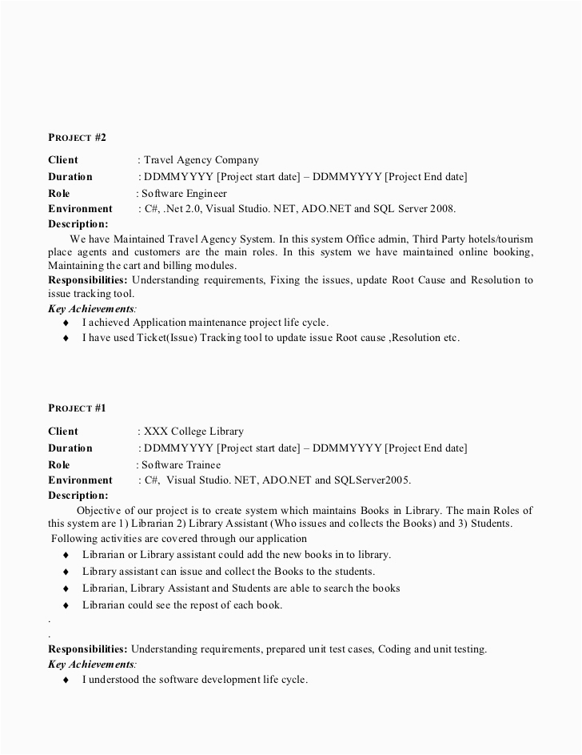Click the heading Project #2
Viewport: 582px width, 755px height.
pos(77,138)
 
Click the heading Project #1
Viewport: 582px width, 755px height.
pos(77,408)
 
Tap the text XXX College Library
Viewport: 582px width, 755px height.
pos(193,432)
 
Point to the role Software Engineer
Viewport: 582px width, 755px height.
pos(184,193)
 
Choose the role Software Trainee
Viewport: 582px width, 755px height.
pos(181,464)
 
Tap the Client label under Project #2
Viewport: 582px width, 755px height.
pos(63,160)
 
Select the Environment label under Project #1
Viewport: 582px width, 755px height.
pos(80,480)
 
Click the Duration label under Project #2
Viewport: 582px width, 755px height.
pos(70,177)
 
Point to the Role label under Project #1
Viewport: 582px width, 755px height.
pos(59,464)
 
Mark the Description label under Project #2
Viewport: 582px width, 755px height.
pos(78,224)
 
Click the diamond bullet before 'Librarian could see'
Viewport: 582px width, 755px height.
pos(66,605)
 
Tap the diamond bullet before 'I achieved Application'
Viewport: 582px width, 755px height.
pos(66,323)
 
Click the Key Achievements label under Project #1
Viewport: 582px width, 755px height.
pos(91,665)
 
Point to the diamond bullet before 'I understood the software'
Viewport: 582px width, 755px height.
pos(66,680)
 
